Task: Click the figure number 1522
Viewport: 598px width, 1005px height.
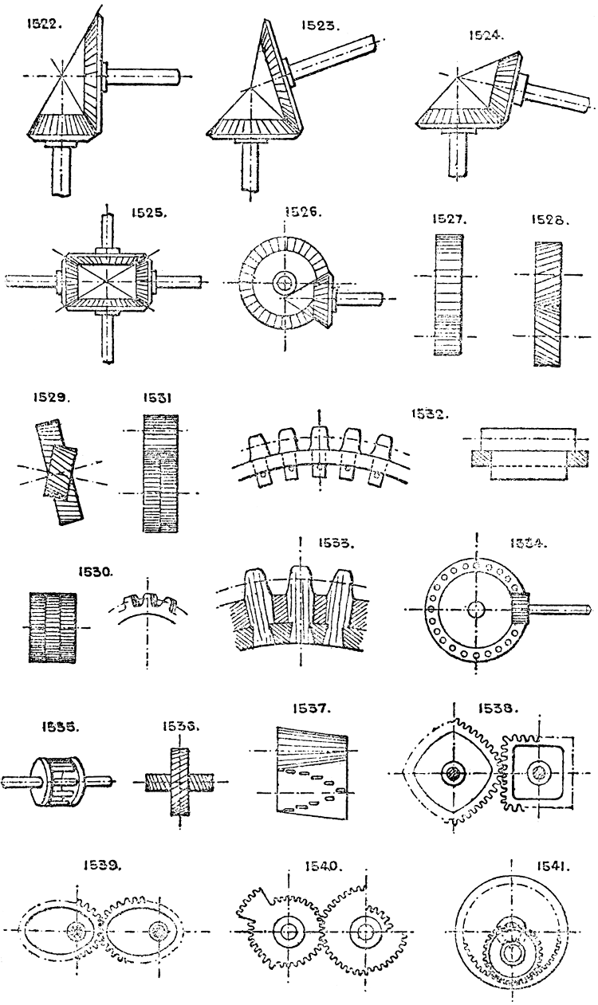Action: point(37,25)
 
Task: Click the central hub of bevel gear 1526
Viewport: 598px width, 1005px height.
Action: point(284,283)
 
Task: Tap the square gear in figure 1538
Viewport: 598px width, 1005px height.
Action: point(540,772)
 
